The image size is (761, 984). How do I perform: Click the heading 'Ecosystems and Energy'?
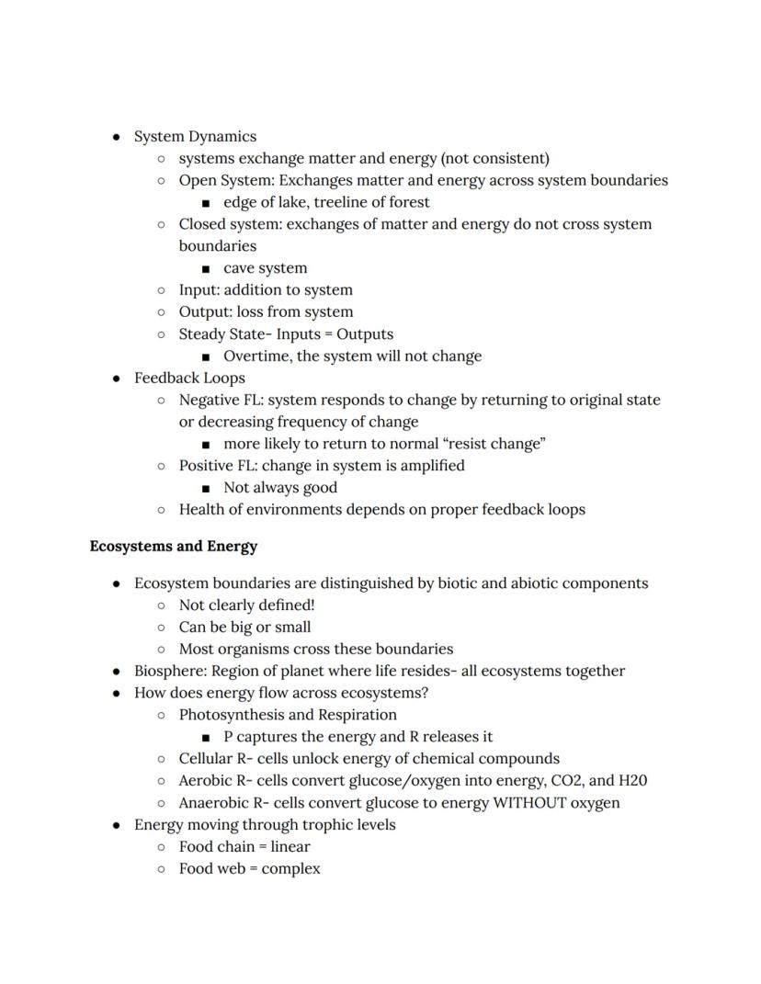[173, 546]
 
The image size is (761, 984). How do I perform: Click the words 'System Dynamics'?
[195, 136]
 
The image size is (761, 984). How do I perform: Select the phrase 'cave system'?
[265, 268]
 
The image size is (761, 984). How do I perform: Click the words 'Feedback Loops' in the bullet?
[189, 378]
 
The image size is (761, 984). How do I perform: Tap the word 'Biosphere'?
[169, 671]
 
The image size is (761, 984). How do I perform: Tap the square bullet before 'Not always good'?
[206, 488]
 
